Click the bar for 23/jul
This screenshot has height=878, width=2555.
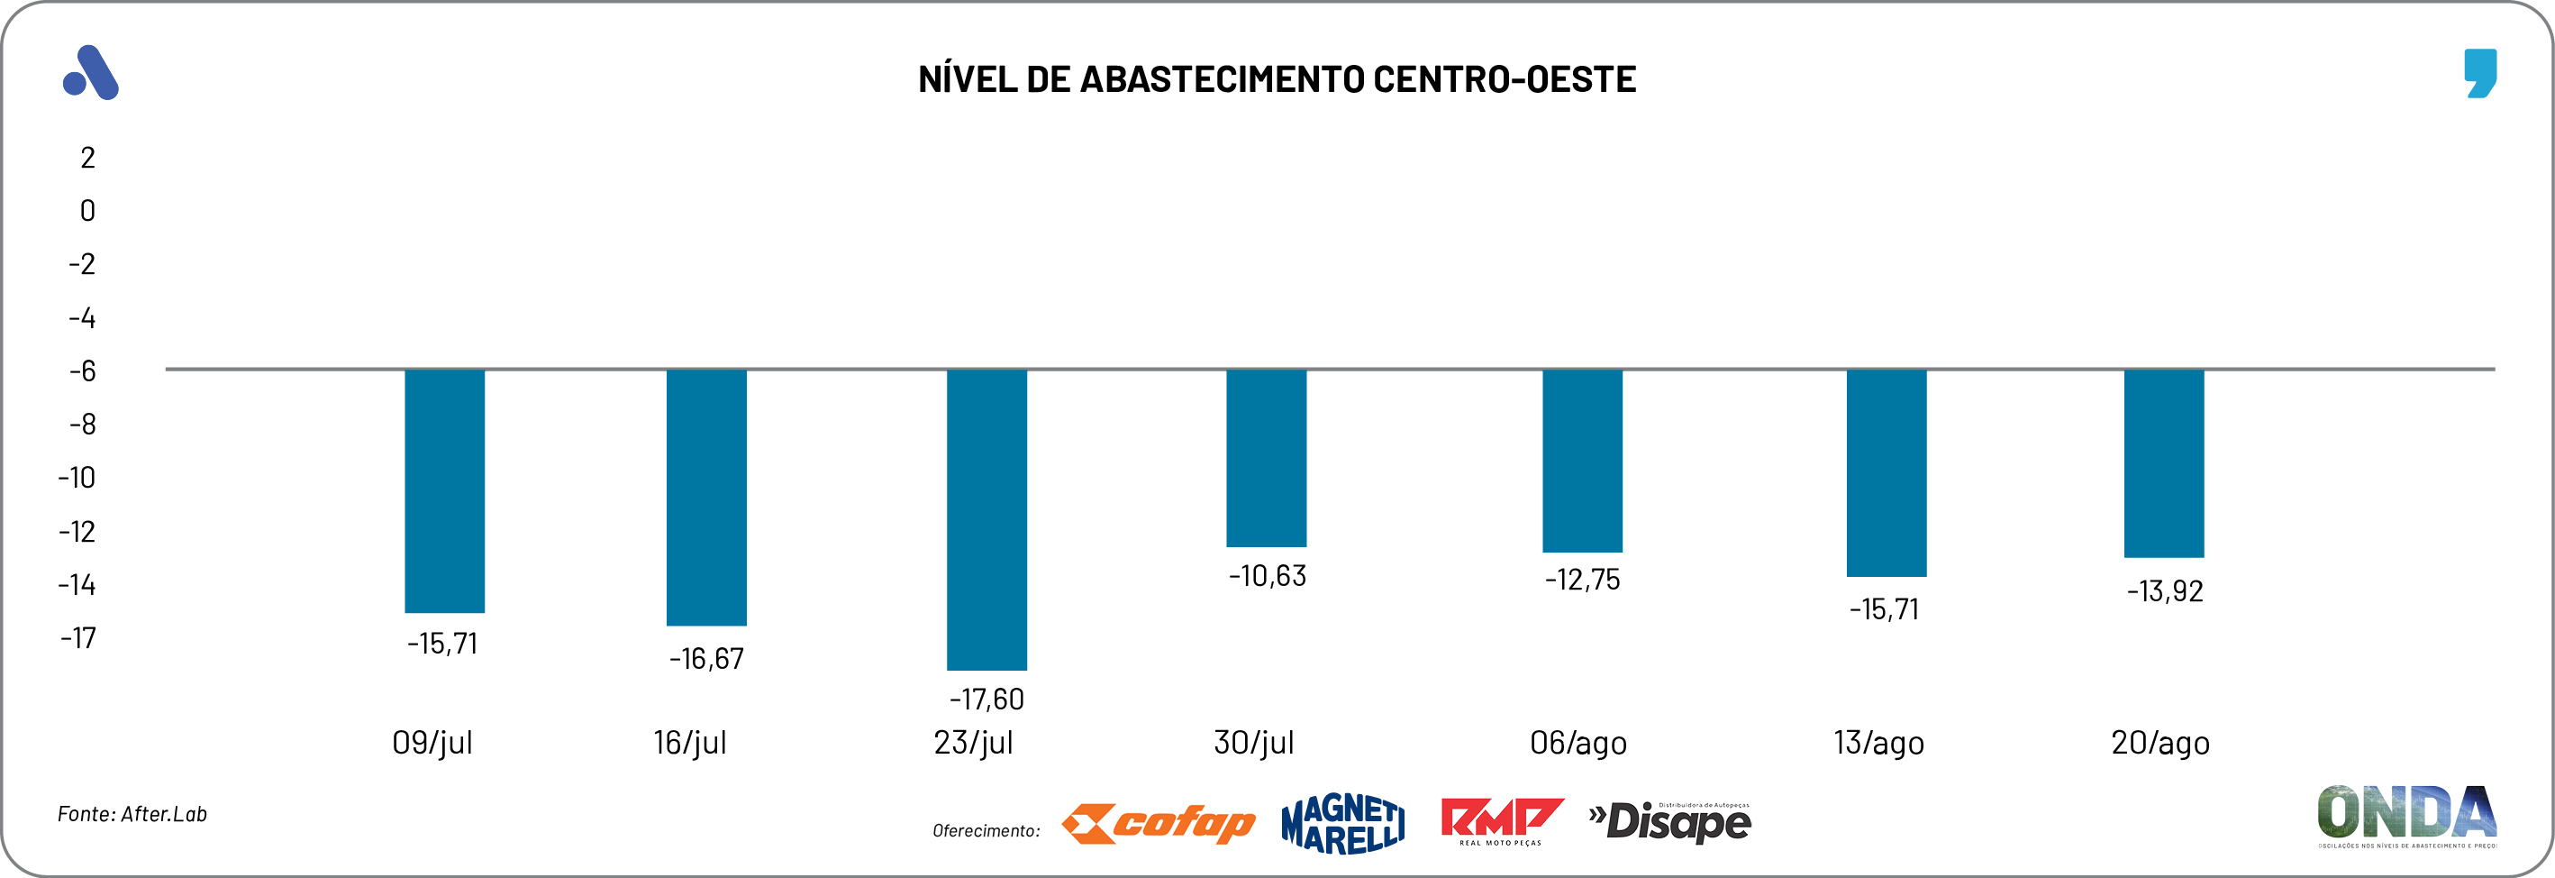coord(987,519)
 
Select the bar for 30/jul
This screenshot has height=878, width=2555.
coord(1267,457)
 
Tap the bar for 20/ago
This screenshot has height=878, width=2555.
coord(2164,463)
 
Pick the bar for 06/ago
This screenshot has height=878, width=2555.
coord(1582,461)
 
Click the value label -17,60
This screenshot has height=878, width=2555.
coord(987,700)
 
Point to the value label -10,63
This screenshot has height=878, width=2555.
coord(1268,576)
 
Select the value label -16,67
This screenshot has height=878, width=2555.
coord(706,659)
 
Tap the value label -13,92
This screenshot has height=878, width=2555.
coord(2164,591)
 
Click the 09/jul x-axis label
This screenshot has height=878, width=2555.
coord(432,743)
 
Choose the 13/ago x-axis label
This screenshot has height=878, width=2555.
coord(1878,743)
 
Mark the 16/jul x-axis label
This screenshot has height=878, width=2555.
coord(690,743)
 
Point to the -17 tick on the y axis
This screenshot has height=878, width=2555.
coord(78,638)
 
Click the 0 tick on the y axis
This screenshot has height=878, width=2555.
coord(87,210)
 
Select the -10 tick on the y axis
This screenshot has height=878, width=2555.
coord(77,478)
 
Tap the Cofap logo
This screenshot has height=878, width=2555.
coord(1159,823)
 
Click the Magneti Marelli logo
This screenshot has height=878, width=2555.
coord(1343,823)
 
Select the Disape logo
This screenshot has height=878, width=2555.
coord(1670,821)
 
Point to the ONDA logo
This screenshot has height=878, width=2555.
coord(2407,816)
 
